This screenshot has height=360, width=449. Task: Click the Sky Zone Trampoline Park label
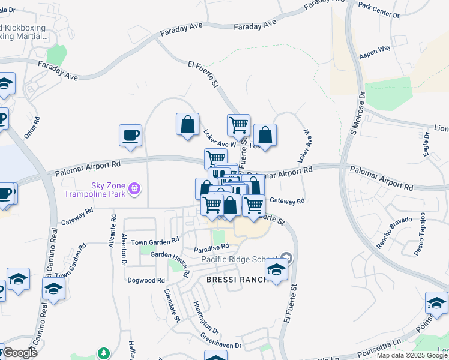tap(108, 189)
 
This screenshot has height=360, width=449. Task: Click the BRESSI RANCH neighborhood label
tap(232, 280)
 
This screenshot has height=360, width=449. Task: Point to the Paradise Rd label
tap(211, 247)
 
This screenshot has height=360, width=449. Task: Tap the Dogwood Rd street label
tap(146, 280)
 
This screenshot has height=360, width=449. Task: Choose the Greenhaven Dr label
tap(220, 341)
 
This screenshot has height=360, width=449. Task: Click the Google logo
tap(20, 353)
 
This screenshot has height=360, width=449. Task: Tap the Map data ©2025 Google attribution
tap(412, 355)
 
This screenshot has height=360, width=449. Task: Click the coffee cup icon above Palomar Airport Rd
tap(130, 135)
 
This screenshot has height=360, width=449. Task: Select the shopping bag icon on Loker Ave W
tap(187, 124)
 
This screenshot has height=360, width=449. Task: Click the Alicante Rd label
tap(112, 229)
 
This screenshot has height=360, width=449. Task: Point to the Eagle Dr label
tap(427, 145)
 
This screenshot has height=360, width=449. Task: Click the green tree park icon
tap(104, 353)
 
